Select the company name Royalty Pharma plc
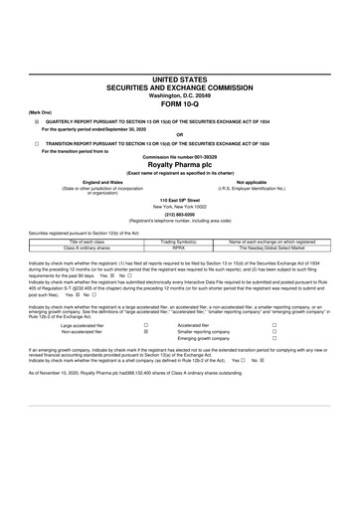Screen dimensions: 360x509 [x=180, y=165]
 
